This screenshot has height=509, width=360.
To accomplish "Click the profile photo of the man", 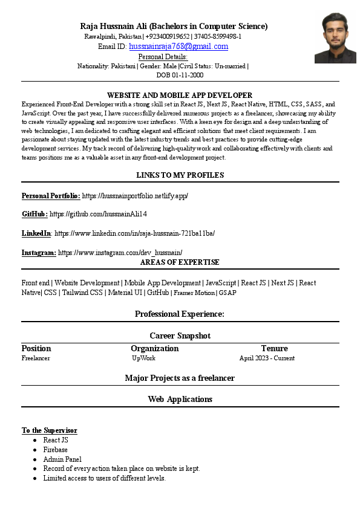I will coord(335,37).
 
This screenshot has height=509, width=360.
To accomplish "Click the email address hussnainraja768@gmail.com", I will coord(178,47).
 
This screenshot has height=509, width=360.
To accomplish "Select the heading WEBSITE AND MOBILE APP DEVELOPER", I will coord(180,96).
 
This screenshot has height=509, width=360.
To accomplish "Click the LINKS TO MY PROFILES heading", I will coord(180,175).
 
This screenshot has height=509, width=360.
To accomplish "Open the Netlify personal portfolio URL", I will coord(135,196).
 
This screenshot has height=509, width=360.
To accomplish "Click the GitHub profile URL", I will coord(98,214).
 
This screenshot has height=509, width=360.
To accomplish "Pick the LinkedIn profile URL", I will coord(135,233).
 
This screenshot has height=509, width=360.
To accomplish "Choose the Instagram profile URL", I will coord(120,252).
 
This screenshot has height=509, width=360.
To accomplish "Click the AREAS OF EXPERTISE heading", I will coord(180,262).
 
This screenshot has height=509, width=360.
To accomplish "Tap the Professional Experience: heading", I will coord(180,314).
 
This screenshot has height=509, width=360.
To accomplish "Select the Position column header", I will coord(36,348).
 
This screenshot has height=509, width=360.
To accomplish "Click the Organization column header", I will coord(154,348).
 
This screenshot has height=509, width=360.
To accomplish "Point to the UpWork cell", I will coord(144,358).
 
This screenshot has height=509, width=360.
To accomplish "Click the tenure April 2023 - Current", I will coord(267,358).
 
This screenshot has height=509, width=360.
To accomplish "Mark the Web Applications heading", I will coord(180,399).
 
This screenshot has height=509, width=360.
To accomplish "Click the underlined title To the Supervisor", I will coord(49,430).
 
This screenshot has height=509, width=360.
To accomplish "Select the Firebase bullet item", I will coord(55,450).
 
